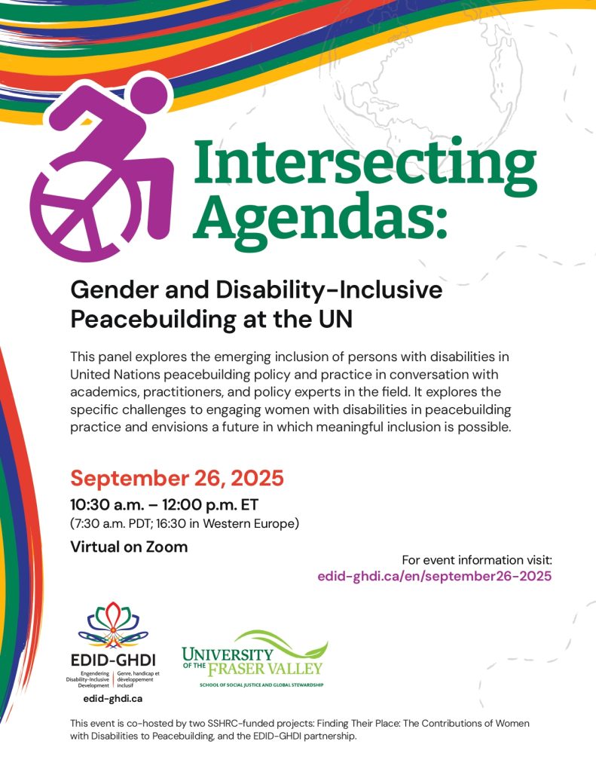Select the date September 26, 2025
click(177, 478)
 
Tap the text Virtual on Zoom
click(129, 547)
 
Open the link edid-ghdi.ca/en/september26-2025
click(436, 575)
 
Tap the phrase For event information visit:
click(477, 560)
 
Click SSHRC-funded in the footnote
click(227, 722)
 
